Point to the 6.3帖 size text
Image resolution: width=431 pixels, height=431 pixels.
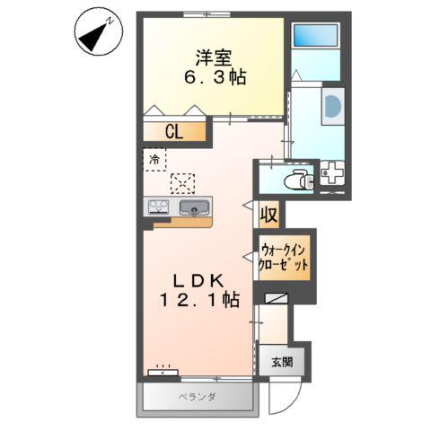[213, 78]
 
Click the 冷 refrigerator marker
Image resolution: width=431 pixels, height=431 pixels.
[154, 160]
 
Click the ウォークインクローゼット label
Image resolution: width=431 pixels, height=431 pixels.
[285, 258]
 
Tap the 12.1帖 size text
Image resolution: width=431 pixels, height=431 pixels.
[199, 301]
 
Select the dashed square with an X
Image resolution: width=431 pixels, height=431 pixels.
[182, 182]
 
